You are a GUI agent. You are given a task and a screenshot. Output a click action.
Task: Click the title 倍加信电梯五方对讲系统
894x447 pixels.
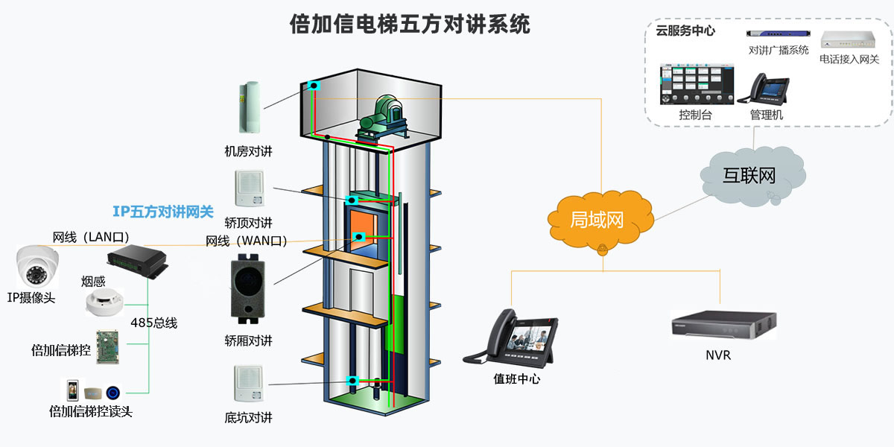[x=410, y=25]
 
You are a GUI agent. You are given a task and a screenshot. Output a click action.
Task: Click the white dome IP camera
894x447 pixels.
[x=37, y=267]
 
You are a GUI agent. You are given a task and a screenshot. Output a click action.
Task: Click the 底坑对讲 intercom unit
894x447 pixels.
[x=249, y=384]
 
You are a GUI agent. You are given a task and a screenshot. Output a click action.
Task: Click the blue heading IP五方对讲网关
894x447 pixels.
[x=163, y=212]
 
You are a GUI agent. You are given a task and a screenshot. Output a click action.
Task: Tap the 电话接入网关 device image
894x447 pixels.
[x=849, y=40]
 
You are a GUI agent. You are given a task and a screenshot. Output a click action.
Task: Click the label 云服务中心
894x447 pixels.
[x=685, y=31]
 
